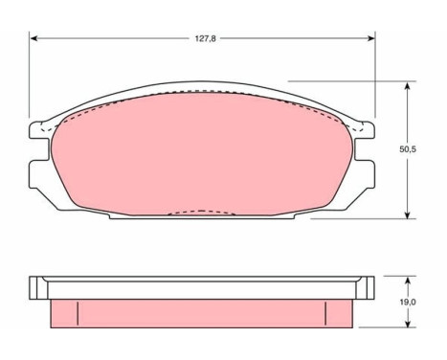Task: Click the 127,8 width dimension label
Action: (x=206, y=38)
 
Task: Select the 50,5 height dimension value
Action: (x=408, y=149)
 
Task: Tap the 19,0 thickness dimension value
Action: (x=408, y=302)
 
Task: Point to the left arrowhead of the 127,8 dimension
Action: (x=34, y=38)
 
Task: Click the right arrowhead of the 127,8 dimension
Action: (x=370, y=38)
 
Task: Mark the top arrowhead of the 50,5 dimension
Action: (x=407, y=86)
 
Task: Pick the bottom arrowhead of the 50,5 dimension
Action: (x=407, y=214)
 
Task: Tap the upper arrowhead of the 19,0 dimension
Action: (x=407, y=281)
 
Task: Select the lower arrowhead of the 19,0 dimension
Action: (x=407, y=323)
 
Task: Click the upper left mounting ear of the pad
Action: (x=39, y=130)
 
